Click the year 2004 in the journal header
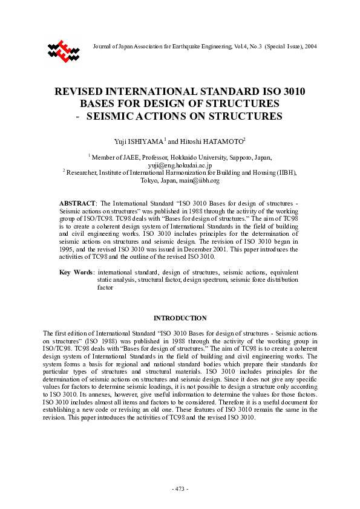click(x=310, y=47)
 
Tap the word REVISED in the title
click(x=82, y=92)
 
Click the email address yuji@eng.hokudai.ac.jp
click(x=180, y=164)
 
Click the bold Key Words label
click(x=75, y=273)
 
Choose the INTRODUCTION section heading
click(x=180, y=318)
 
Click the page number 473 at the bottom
click(x=180, y=488)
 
